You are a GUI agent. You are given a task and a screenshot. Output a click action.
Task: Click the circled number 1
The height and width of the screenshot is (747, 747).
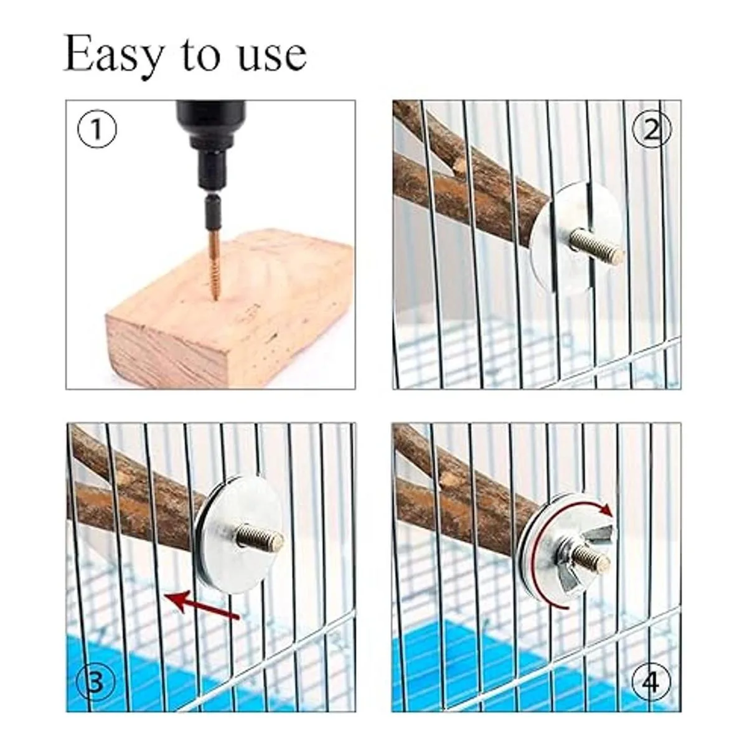coord(97,128)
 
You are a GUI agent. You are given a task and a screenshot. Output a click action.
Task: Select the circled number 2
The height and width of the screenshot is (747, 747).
coord(651,130)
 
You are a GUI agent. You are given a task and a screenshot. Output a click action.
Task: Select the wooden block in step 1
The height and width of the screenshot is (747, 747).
coord(228,310)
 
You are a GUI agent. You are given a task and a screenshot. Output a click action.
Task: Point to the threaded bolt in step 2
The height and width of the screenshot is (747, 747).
coord(598,247)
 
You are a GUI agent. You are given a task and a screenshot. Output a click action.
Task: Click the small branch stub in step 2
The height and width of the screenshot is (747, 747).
coord(460,166)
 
